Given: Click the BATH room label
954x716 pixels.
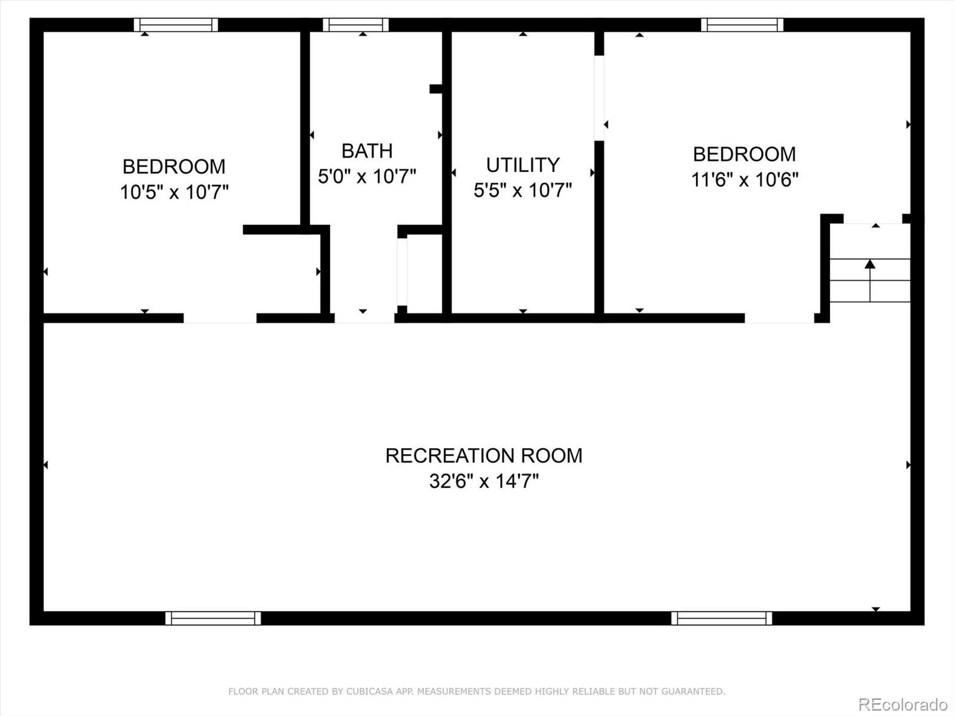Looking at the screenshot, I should click(x=367, y=151).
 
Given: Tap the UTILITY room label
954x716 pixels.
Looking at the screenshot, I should click(x=523, y=165).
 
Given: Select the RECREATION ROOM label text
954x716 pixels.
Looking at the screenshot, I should click(x=484, y=456).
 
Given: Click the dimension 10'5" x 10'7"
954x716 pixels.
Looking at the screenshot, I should click(x=174, y=192).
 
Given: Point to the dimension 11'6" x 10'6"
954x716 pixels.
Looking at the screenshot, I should click(x=745, y=179).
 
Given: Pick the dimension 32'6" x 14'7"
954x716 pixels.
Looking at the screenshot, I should click(x=484, y=481).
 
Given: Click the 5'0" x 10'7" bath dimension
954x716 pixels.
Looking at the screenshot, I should click(x=367, y=177).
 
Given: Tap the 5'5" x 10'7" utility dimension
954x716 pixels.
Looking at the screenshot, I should click(x=523, y=190).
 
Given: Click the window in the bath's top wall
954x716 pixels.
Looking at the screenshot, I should click(x=356, y=24).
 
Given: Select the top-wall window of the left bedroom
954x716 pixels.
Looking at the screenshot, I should click(x=175, y=24).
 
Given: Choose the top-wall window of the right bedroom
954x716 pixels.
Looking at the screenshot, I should click(x=742, y=24).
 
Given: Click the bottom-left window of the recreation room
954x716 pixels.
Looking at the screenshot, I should click(x=213, y=618).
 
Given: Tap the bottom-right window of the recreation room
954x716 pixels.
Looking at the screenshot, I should click(x=721, y=618).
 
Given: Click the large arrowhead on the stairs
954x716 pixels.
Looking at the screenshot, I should click(x=870, y=264).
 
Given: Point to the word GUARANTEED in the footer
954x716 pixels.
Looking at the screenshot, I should click(x=695, y=692).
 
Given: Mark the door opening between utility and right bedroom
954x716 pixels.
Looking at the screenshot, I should click(x=599, y=98).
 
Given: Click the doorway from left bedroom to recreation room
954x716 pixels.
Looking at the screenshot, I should click(x=220, y=318).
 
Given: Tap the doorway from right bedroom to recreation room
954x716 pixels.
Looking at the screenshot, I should click(x=779, y=318).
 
